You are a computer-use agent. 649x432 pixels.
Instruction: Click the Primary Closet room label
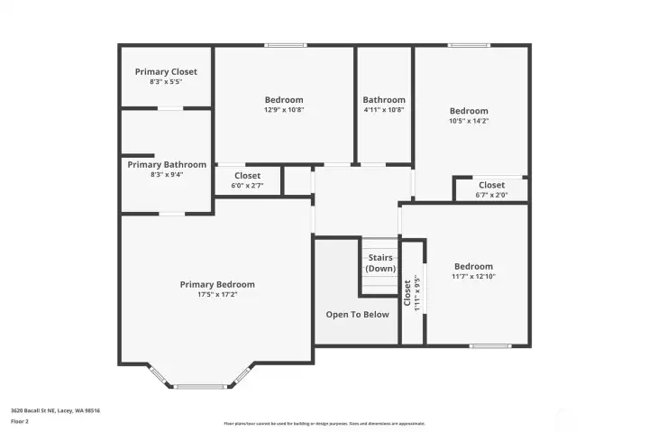[x=166, y=71]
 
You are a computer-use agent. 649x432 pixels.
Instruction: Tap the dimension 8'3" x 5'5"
[x=166, y=82]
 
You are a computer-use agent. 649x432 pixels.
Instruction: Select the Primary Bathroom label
[x=167, y=165]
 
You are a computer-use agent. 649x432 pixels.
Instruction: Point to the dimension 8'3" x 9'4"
[x=167, y=175]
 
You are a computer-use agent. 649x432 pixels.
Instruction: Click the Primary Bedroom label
[x=217, y=284]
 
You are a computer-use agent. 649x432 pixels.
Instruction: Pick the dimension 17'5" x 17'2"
[x=217, y=294]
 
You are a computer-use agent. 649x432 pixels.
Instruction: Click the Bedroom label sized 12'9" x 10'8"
[x=284, y=99]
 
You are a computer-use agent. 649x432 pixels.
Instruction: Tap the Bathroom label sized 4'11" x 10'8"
[x=384, y=99]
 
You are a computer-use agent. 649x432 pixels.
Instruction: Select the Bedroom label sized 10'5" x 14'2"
[x=469, y=111]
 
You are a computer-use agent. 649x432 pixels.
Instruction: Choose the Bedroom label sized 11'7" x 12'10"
[x=473, y=266]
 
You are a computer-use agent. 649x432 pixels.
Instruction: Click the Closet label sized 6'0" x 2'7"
[x=247, y=176]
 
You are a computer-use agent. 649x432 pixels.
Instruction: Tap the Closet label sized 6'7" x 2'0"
[x=491, y=185]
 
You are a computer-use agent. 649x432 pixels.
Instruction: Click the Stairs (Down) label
[x=380, y=263]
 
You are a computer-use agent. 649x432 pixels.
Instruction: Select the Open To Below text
[x=358, y=315]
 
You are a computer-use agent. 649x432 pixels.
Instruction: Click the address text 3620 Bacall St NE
[x=55, y=410]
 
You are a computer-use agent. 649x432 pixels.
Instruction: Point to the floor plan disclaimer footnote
[x=324, y=423]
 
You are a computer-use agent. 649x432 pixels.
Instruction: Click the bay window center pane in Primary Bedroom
[x=202, y=386]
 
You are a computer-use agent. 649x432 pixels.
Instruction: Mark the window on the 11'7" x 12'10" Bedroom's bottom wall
[x=490, y=345]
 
